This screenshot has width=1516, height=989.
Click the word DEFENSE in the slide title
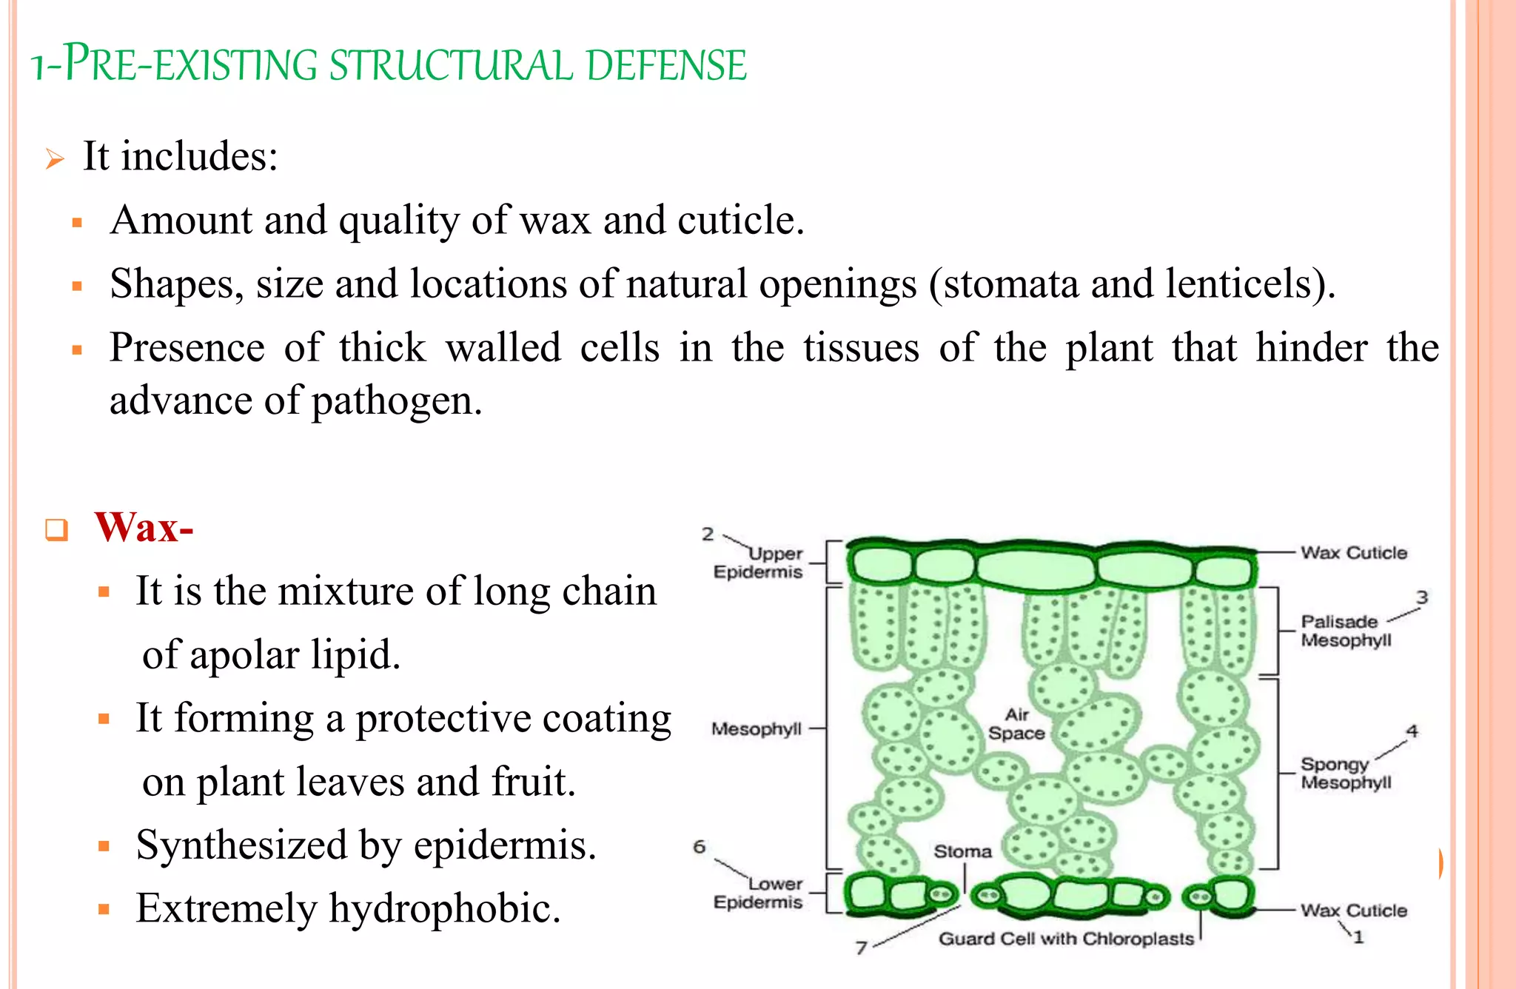coord(666,65)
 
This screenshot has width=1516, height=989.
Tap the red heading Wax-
coord(144,528)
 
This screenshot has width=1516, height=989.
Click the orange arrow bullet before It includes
coord(55,158)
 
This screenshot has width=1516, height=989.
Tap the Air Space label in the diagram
coord(1016,724)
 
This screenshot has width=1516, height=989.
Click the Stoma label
coord(962,851)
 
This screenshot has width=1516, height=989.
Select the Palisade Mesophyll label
coord(1345,631)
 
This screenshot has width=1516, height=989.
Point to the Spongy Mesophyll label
coord(1345,773)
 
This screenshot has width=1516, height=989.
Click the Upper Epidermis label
coord(758,563)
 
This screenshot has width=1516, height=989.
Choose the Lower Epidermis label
coord(758,893)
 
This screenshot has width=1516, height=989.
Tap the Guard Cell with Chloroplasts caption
coord(1066,939)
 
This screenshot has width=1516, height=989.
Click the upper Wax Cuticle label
coord(1354,552)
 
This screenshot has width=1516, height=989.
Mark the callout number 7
coord(861,948)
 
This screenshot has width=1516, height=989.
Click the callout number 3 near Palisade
coord(1422,597)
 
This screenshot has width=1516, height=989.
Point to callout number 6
coord(700,846)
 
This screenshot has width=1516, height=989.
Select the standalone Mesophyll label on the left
coord(756,729)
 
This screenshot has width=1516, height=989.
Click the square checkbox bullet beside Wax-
coord(57,529)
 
